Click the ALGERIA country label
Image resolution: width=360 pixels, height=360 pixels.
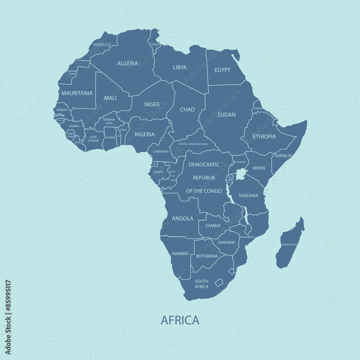127,63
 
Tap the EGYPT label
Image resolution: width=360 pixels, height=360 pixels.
222,70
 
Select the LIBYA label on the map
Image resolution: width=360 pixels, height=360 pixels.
180,67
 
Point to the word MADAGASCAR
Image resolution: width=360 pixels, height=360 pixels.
289,244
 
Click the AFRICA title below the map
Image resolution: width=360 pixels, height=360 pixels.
180,320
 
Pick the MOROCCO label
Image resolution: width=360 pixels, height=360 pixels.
102,45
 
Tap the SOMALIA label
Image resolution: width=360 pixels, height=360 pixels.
283,156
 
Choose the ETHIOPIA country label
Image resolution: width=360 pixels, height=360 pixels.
264,136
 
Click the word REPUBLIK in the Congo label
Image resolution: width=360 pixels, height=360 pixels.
204,178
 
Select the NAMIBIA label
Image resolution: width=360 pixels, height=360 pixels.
180,253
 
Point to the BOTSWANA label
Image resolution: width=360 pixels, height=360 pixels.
207,256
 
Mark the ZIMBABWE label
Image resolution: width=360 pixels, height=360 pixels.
226,242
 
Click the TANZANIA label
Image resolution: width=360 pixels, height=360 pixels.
248,195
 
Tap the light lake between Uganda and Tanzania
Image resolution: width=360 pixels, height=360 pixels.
241,174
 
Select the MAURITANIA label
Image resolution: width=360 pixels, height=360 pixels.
77,93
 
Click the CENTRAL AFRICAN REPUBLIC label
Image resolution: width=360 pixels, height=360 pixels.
193,144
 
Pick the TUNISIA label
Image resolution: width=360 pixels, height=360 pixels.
155,44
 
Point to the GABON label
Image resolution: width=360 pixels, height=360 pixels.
158,172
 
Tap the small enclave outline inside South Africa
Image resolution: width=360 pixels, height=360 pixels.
219,283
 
